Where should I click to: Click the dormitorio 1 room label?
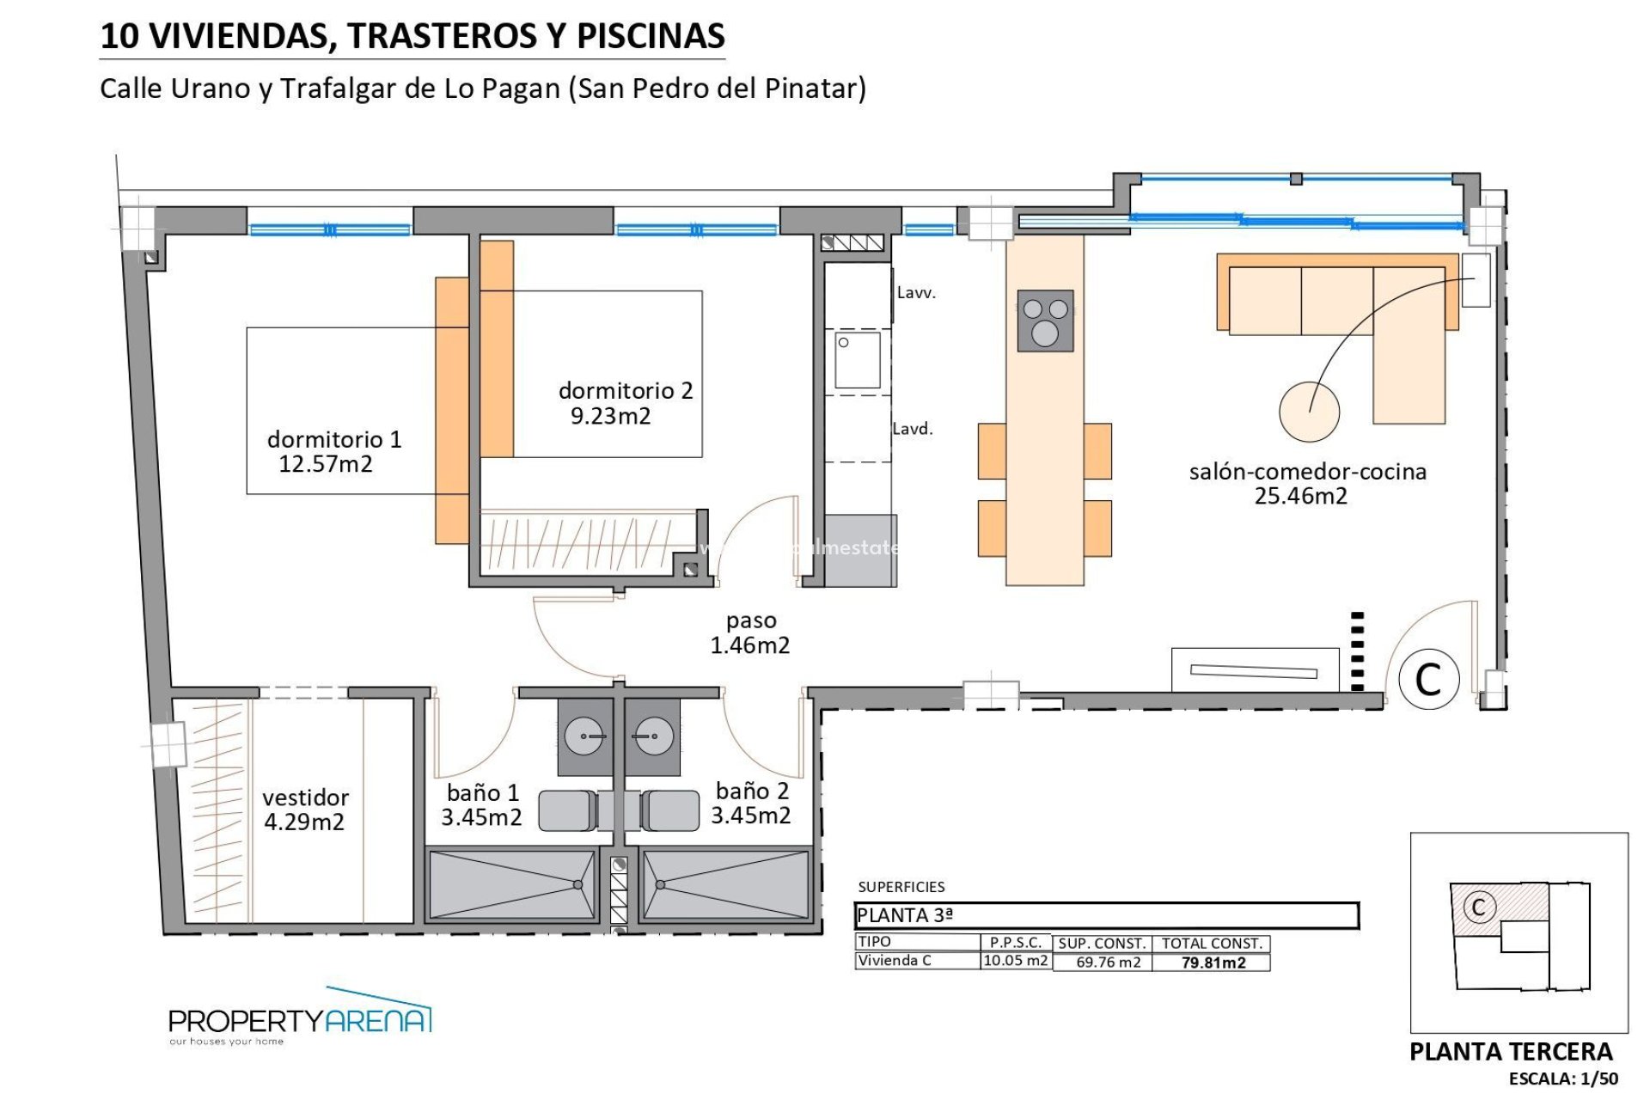[334, 440]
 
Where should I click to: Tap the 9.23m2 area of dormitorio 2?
[611, 417]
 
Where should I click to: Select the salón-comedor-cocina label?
[1307, 472]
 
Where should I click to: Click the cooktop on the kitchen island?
[1045, 321]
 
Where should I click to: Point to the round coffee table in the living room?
[1308, 412]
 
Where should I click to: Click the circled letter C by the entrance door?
[1428, 679]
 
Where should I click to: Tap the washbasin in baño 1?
[585, 736]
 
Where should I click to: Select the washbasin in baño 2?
[653, 736]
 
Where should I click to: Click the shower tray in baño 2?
[724, 884]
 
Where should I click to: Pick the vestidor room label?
[305, 797]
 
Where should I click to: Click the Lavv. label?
[916, 293]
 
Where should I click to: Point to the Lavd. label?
[913, 429]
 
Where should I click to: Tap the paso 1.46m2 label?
[750, 632]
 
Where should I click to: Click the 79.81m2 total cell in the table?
[1213, 962]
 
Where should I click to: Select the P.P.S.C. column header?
[1016, 943]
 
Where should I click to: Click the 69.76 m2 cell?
[1108, 962]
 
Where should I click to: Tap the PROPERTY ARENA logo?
[300, 1020]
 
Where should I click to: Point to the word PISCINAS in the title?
[651, 36]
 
